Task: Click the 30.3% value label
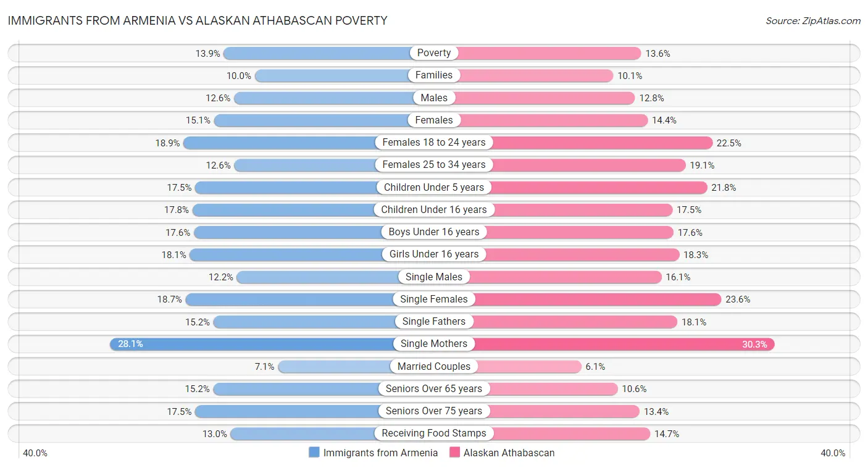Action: point(754,345)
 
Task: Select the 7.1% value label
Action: point(264,367)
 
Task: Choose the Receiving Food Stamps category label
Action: point(434,433)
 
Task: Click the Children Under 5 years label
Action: point(434,187)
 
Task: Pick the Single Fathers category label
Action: point(434,322)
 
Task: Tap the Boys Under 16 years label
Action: point(434,232)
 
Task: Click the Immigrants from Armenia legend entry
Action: point(373,453)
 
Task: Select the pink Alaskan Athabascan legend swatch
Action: point(455,453)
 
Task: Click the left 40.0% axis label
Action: point(35,453)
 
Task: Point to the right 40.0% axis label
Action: point(833,453)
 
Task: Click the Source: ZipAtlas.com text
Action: point(813,21)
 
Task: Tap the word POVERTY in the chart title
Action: point(360,21)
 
